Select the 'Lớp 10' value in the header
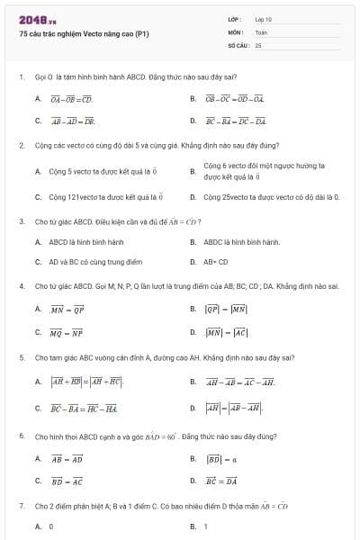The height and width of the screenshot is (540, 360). [x=263, y=19]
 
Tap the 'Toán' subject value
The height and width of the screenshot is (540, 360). [x=261, y=31]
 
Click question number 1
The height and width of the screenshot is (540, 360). [x=20, y=77]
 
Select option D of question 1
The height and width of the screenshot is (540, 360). [x=236, y=121]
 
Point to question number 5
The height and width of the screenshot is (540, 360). [x=20, y=357]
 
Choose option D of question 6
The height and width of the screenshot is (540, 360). [x=221, y=481]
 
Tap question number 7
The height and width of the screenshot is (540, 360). [x=20, y=506]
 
